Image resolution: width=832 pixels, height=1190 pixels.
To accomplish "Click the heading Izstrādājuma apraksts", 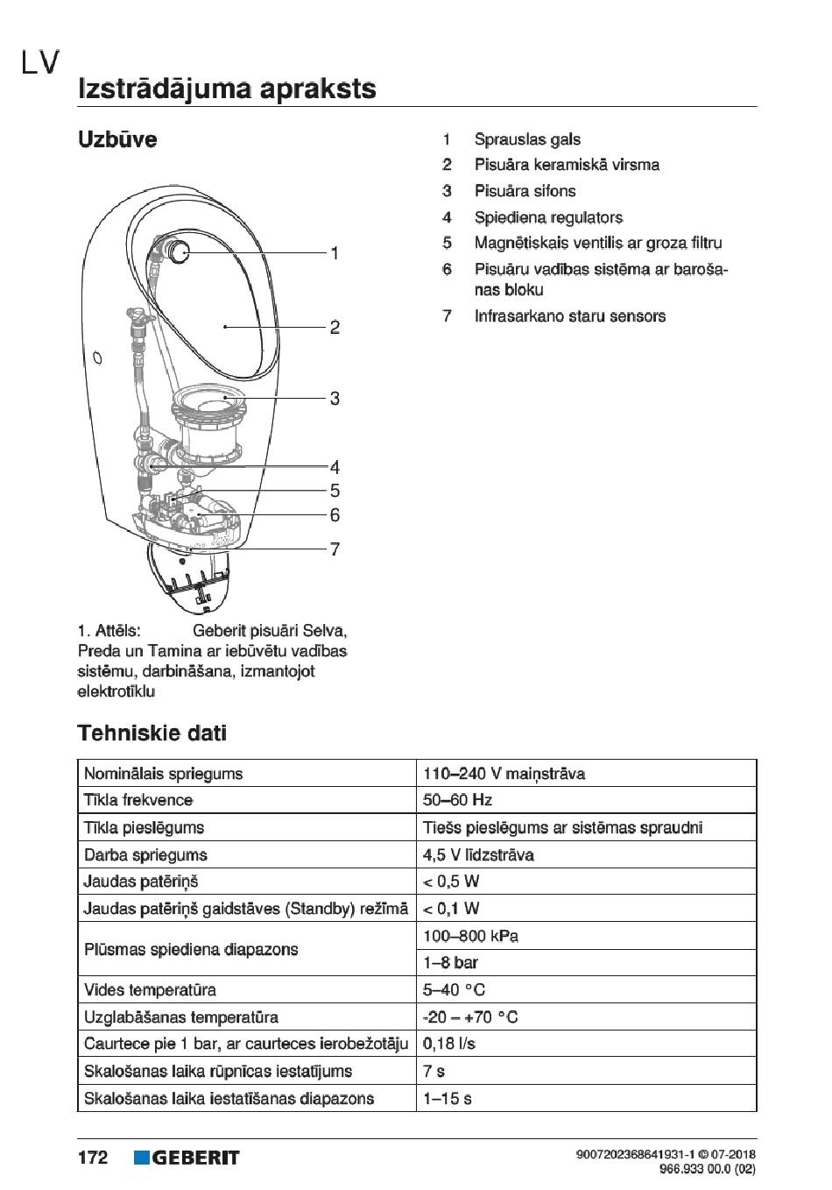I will (x=227, y=89).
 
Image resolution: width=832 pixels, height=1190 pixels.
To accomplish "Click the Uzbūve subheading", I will (x=117, y=139).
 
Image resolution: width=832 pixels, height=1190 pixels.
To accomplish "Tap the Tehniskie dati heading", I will (x=152, y=733).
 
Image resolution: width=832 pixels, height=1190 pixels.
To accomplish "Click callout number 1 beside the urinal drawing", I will (x=335, y=253).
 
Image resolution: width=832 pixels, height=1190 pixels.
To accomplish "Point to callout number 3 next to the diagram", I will (x=335, y=399).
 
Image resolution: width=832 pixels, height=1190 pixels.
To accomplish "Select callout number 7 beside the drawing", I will (x=335, y=549).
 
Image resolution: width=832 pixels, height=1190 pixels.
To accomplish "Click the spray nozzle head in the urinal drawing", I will (x=180, y=251).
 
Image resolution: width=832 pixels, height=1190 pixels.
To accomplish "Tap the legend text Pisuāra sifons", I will (x=525, y=191).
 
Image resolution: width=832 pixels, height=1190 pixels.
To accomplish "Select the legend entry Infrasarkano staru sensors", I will (x=569, y=316).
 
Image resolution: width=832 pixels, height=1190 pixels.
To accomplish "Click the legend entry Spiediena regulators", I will (x=548, y=217).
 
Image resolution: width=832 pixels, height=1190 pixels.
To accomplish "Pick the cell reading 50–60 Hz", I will (x=457, y=800).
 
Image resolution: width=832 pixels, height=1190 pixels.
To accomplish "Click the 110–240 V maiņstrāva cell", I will (x=504, y=774).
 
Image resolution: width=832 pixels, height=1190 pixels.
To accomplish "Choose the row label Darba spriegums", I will (x=145, y=854).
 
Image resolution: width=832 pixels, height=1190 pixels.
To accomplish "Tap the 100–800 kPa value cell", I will (x=470, y=936).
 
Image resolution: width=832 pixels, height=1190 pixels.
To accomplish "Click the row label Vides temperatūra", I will (x=150, y=990).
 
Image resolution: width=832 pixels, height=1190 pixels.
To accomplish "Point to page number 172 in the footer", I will (x=93, y=1158).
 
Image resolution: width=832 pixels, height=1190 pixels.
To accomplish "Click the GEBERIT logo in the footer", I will (x=187, y=1158).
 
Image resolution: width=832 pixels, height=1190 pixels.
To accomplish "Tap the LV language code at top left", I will (x=40, y=62).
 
